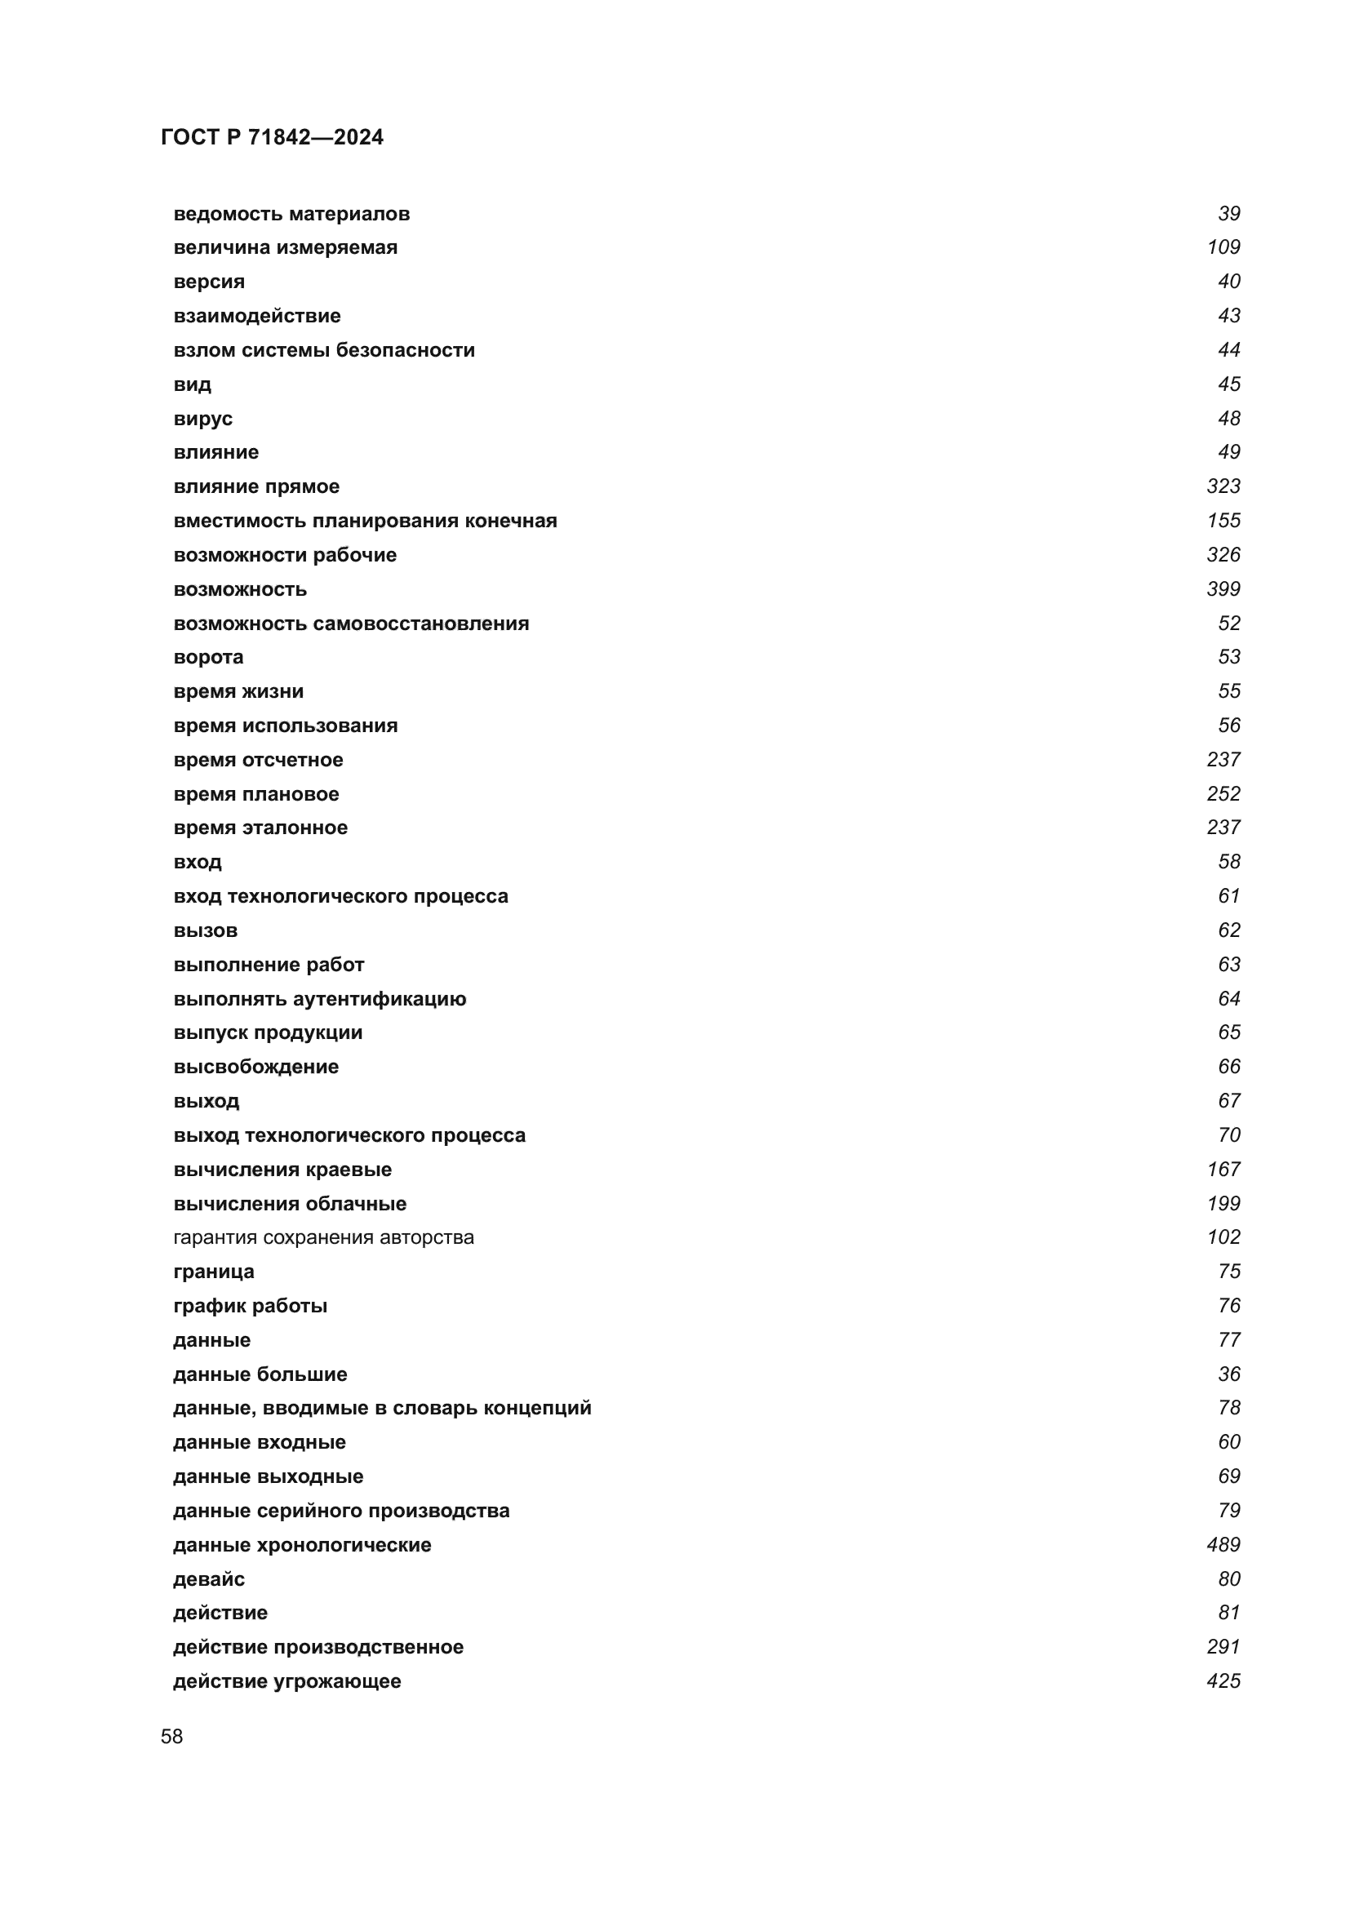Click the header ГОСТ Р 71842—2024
click(x=272, y=137)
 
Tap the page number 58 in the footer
click(x=172, y=1736)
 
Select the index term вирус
click(x=203, y=418)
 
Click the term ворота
click(x=209, y=657)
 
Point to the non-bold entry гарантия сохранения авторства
click(x=323, y=1237)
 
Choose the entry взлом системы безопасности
click(x=324, y=350)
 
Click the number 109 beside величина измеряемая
click(x=1223, y=247)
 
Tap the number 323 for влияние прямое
click(x=1223, y=486)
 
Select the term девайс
click(x=209, y=1579)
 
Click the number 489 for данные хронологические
click(x=1223, y=1545)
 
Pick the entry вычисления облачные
click(x=290, y=1203)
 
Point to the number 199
click(x=1223, y=1203)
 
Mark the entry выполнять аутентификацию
click(x=320, y=998)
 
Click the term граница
click(x=214, y=1272)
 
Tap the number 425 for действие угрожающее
click(x=1223, y=1681)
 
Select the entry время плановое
click(x=256, y=794)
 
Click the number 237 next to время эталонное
click(x=1223, y=828)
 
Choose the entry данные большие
click(x=260, y=1374)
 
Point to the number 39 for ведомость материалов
click(x=1228, y=214)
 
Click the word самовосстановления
click(x=420, y=624)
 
